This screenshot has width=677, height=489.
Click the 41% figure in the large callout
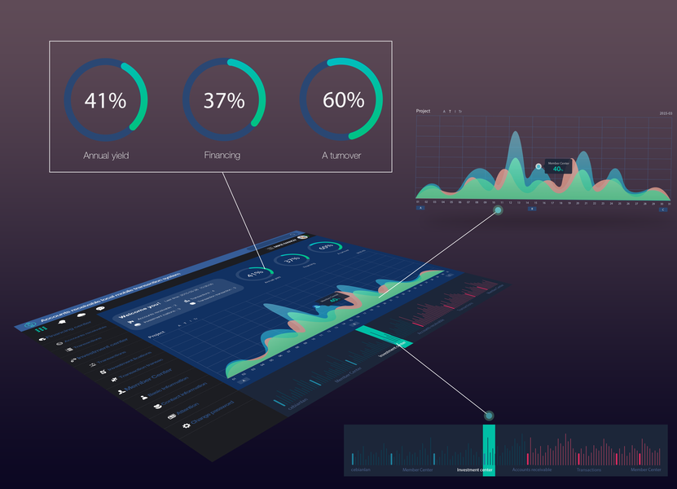[106, 101]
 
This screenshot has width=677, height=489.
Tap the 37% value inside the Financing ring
[224, 101]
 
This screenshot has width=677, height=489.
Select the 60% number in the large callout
[343, 101]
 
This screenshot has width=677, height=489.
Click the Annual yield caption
[106, 154]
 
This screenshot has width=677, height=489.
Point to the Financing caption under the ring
[222, 154]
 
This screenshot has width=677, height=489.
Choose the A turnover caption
[342, 154]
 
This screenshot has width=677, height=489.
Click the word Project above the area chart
[423, 111]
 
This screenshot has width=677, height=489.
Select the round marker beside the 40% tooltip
[539, 166]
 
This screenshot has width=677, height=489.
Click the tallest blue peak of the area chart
[514, 139]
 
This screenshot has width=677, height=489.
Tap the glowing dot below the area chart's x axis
[499, 210]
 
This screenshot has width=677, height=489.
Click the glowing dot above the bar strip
[489, 415]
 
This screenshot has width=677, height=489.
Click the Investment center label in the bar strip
[474, 470]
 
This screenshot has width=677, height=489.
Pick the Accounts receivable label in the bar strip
[531, 470]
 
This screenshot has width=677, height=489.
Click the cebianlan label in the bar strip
[360, 470]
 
